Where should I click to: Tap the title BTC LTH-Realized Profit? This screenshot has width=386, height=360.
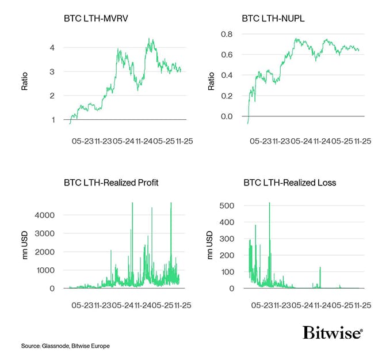111,183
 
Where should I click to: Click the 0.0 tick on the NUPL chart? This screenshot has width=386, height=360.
228,116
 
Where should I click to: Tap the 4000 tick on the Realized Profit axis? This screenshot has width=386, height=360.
45,215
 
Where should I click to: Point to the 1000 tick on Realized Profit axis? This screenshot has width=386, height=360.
45,270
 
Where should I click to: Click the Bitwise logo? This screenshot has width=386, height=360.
332,333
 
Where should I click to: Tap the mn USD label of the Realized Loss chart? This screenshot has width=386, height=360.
210,246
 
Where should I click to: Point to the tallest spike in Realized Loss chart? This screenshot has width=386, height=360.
269,203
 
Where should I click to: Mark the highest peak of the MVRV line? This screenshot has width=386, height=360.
150,39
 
